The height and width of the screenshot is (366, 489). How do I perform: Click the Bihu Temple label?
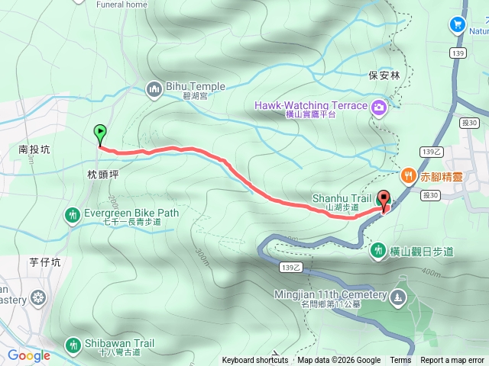(x=186, y=87)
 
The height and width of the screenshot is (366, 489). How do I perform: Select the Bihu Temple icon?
(x=154, y=88)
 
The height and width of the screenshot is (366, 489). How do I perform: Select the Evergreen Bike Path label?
(x=132, y=213)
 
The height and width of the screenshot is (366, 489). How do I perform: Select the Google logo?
(x=29, y=355)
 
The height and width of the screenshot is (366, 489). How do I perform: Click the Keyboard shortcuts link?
(x=255, y=361)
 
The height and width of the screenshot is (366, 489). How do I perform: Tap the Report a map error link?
(x=453, y=361)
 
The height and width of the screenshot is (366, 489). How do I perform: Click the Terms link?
(x=400, y=361)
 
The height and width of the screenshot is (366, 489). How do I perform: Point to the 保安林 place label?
(x=384, y=75)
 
